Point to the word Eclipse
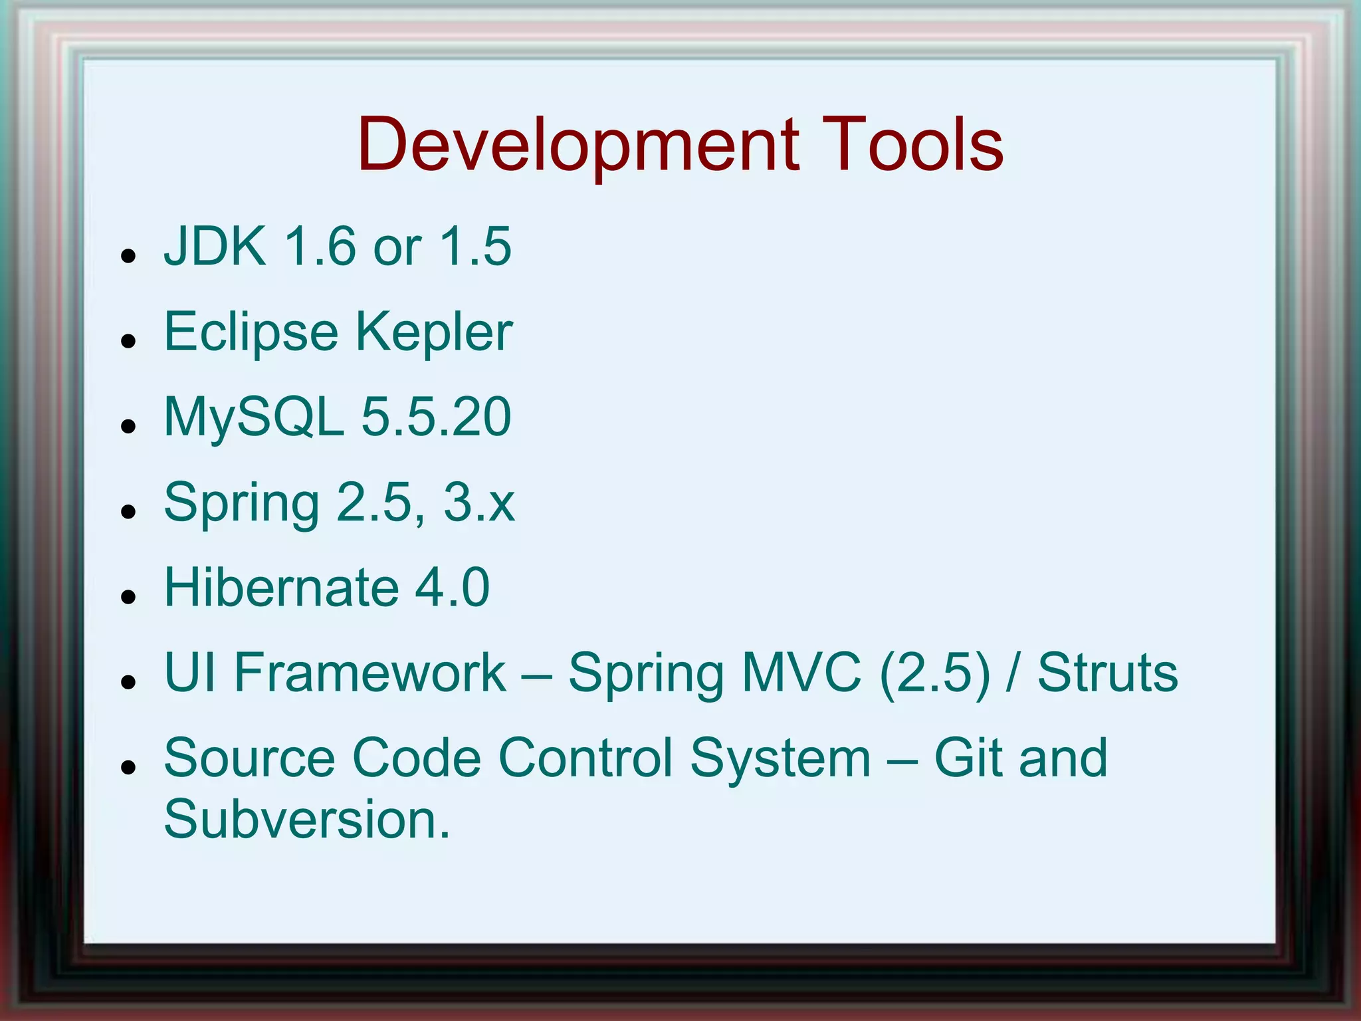[251, 332]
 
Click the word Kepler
[434, 332]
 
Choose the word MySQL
[253, 417]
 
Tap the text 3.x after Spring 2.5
[479, 503]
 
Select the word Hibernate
[281, 588]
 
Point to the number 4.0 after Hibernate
[453, 588]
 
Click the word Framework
[370, 673]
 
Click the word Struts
[1108, 673]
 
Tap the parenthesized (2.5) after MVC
[934, 673]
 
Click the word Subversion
[306, 819]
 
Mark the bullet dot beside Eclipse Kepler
[129, 341]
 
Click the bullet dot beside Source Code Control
[129, 766]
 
